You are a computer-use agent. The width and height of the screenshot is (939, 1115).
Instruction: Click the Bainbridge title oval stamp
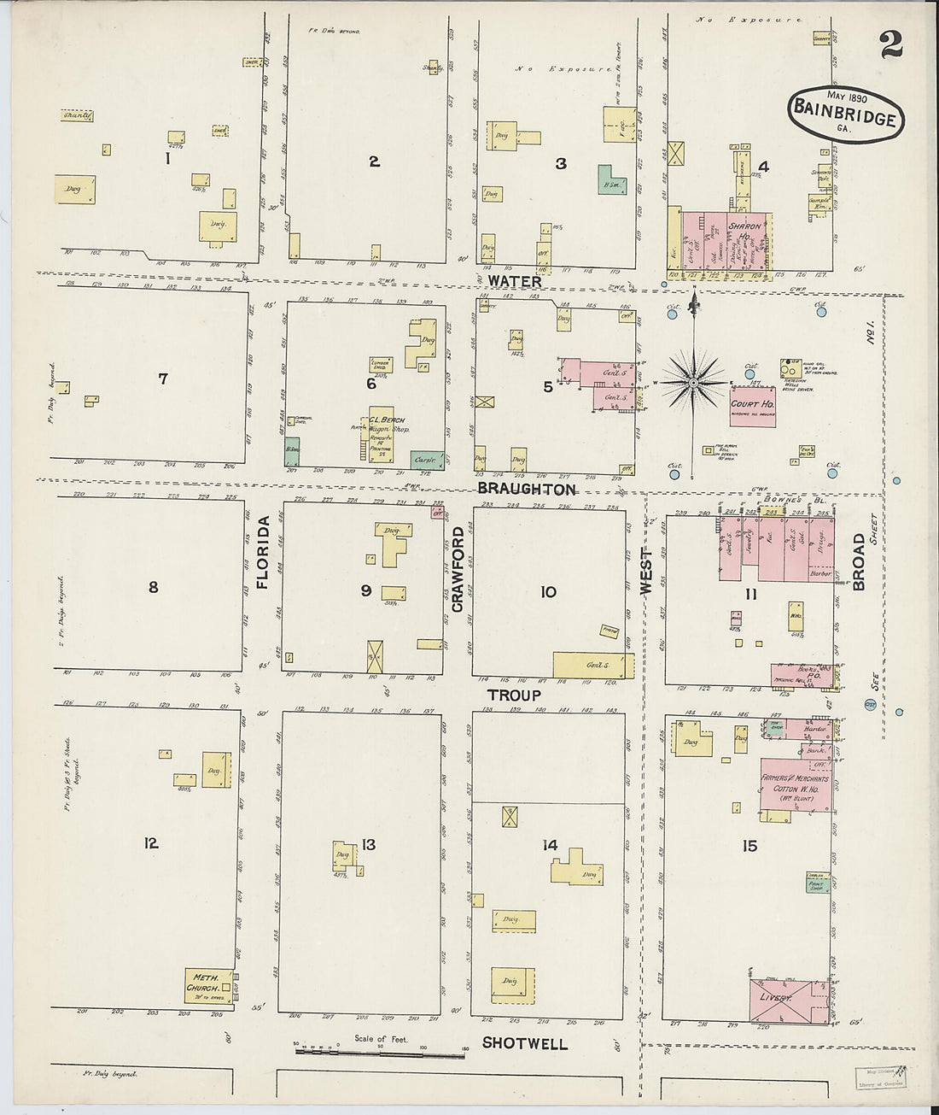click(845, 113)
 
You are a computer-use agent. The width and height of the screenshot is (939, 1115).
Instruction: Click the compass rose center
click(693, 384)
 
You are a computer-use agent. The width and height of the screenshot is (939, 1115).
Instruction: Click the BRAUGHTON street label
click(526, 489)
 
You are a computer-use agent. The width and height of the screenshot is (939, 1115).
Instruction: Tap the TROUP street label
click(513, 695)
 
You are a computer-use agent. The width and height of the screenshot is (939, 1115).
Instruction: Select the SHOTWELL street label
click(524, 1042)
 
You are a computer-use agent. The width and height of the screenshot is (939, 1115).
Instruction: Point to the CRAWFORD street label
click(457, 569)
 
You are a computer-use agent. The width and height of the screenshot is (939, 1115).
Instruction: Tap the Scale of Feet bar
click(380, 1052)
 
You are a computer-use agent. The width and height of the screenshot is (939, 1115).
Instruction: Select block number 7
click(162, 379)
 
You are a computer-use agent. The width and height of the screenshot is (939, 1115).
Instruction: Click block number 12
click(151, 843)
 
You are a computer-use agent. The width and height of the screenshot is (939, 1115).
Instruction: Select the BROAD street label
click(858, 561)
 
